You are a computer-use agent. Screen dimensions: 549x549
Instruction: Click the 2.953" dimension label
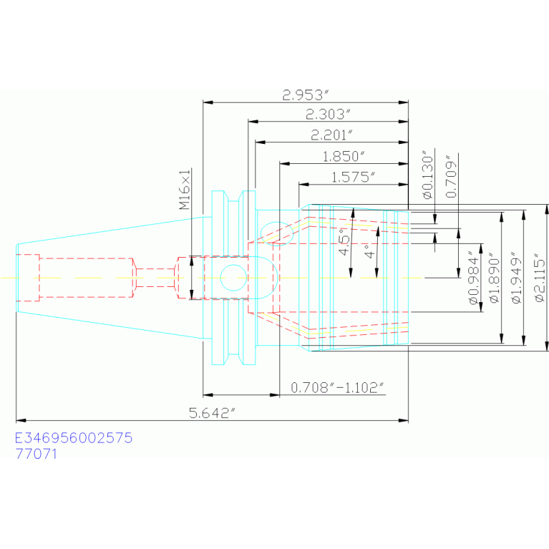tap(306, 94)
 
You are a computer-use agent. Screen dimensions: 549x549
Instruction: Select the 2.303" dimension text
tap(329, 114)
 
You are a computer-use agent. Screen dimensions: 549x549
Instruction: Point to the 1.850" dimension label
tap(344, 156)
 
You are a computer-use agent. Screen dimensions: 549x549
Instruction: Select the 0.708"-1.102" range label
tap(338, 387)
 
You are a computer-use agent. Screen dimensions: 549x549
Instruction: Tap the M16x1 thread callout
tap(184, 190)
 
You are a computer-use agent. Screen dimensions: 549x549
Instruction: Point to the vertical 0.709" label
tap(451, 176)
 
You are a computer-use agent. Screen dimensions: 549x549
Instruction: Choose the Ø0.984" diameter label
tap(474, 278)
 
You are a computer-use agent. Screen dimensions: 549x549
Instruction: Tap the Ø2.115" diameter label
tap(538, 278)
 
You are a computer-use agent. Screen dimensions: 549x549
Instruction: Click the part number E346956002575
tap(74, 437)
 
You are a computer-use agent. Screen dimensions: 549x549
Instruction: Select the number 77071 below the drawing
tap(36, 453)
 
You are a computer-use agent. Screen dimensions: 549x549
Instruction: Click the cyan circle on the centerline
tap(233, 277)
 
